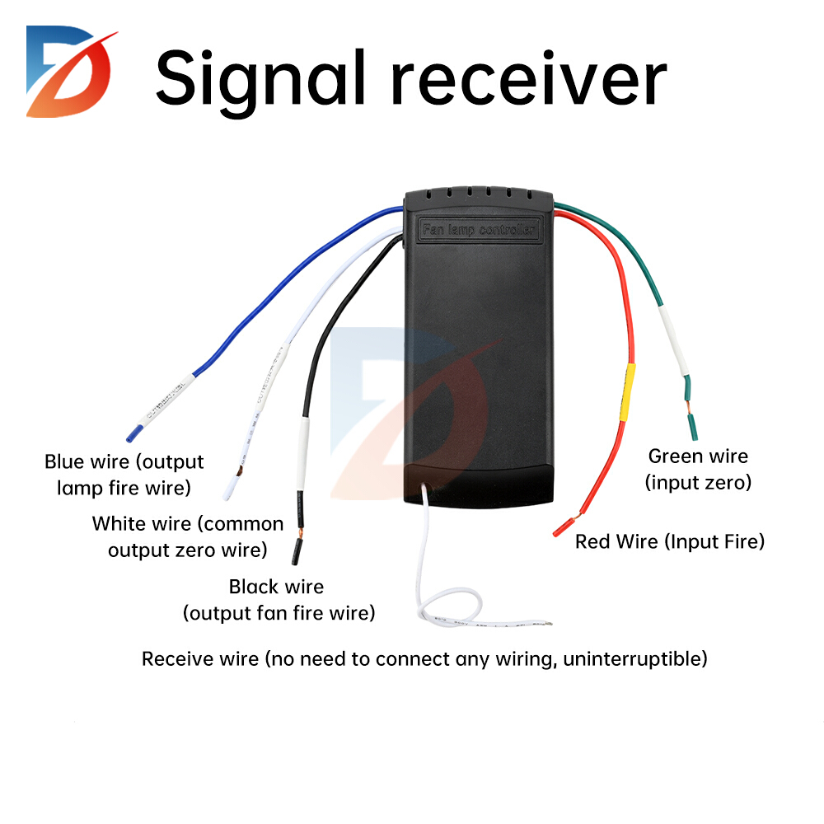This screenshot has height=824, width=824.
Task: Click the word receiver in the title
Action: pos(527,80)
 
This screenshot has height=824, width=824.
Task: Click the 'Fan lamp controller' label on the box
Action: pos(479,230)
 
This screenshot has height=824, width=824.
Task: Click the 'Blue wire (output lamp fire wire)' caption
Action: pos(124,475)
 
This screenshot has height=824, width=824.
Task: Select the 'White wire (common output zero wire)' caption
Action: pos(188,536)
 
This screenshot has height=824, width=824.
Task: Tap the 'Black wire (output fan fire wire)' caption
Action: pos(278,600)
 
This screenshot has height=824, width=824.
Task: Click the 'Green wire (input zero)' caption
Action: pos(698,469)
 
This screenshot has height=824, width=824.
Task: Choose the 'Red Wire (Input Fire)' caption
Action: pos(670,541)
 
